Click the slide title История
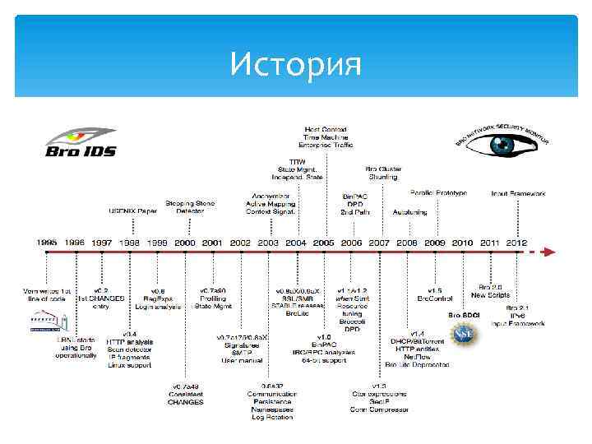click(296, 62)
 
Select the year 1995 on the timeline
click(47, 243)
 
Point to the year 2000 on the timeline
click(185, 243)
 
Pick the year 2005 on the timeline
click(323, 243)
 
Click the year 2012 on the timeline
click(516, 243)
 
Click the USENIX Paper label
click(133, 211)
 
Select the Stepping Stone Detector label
click(190, 206)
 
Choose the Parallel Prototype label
click(438, 193)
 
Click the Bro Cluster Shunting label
click(383, 173)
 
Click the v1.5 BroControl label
click(435, 295)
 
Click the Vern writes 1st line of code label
click(48, 295)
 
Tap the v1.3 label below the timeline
click(378, 386)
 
